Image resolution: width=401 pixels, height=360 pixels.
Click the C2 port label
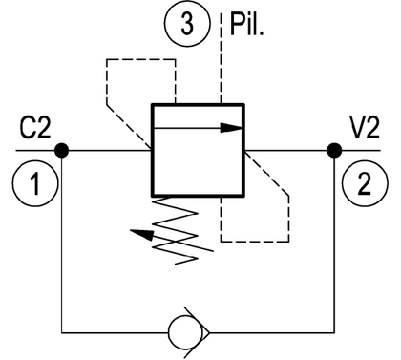click(35, 128)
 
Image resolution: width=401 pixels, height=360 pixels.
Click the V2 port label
click(365, 128)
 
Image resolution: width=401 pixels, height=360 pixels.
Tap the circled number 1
click(35, 183)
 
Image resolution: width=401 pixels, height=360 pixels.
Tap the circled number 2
click(365, 183)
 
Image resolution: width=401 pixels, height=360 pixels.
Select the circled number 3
click(188, 24)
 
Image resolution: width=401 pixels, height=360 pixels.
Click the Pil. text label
click(247, 25)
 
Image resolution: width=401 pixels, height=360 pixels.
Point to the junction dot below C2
click(61, 150)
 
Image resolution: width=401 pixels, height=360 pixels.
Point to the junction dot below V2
click(334, 150)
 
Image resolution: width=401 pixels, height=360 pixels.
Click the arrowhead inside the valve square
click(232, 128)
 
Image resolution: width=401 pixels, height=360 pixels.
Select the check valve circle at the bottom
click(185, 332)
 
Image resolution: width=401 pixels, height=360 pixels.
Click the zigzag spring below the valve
click(175, 230)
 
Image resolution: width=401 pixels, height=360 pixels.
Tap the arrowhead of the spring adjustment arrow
click(141, 234)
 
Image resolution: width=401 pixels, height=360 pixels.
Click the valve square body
click(198, 150)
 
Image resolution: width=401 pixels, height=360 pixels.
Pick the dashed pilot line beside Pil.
click(221, 58)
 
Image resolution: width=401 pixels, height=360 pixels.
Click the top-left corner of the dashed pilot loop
click(107, 59)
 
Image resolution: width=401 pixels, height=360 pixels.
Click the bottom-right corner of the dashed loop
click(288, 242)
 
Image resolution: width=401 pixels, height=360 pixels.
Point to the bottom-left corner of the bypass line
click(62, 333)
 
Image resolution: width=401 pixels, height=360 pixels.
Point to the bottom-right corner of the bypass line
click(334, 333)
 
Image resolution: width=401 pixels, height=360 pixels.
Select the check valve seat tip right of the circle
click(209, 333)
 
